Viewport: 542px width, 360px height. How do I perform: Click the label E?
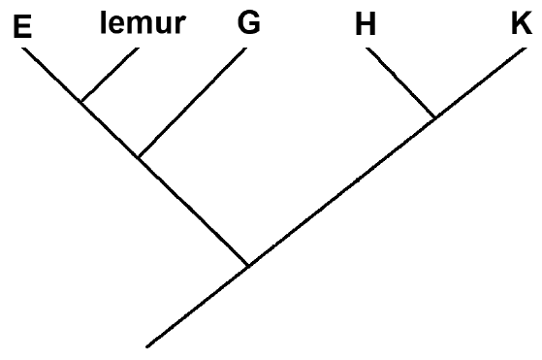pyautogui.click(x=22, y=26)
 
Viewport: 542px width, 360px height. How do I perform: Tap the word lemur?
pyautogui.click(x=143, y=23)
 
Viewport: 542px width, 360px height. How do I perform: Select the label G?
pyautogui.click(x=249, y=22)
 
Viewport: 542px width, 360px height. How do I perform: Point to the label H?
pyautogui.click(x=366, y=24)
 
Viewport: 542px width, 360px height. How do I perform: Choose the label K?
pyautogui.click(x=522, y=23)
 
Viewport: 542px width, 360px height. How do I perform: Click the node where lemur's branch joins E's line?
pyautogui.click(x=81, y=101)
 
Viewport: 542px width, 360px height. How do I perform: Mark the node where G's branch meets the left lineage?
pyautogui.click(x=139, y=157)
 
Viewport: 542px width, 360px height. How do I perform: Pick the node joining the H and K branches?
pyautogui.click(x=435, y=117)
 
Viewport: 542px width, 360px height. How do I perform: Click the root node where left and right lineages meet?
pyautogui.click(x=248, y=266)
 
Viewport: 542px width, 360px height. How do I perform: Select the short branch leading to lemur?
pyautogui.click(x=110, y=75)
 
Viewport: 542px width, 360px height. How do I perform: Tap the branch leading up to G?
pyautogui.click(x=192, y=102)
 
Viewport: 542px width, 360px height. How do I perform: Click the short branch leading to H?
pyautogui.click(x=400, y=82)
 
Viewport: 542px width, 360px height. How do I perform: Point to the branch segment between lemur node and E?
pyautogui.click(x=51, y=75)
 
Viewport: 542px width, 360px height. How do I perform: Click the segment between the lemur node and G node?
pyautogui.click(x=110, y=129)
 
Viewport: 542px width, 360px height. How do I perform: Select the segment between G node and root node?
pyautogui.click(x=193, y=212)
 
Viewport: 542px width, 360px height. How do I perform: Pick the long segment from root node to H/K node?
pyautogui.click(x=342, y=191)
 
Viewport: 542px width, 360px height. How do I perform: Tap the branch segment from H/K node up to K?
pyautogui.click(x=481, y=82)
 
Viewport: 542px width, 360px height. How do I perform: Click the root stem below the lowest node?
pyautogui.click(x=198, y=306)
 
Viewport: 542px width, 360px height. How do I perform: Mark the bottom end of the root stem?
pyautogui.click(x=147, y=346)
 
